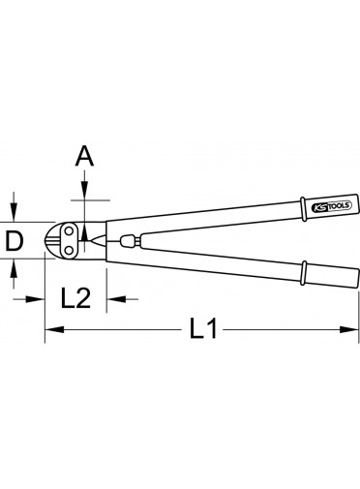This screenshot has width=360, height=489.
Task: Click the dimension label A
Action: (x=84, y=156)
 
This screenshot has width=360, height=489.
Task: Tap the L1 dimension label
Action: (x=203, y=328)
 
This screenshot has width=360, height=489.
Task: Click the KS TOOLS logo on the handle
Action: (x=332, y=206)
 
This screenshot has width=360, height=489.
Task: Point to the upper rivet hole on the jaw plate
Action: (x=69, y=231)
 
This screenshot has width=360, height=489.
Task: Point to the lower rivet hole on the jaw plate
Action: (x=69, y=250)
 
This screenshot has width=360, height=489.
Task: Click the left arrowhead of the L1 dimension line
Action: (x=54, y=329)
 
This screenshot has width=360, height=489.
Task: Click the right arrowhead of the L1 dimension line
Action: (x=349, y=329)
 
